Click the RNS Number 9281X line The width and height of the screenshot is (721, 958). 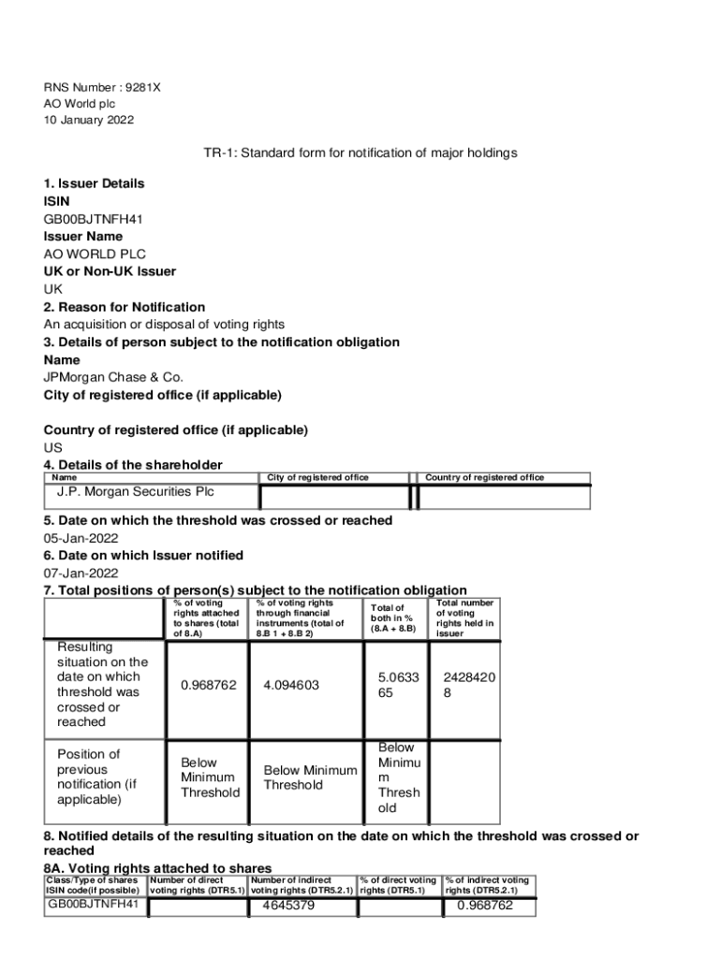[102, 87]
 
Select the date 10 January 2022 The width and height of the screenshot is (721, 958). [89, 121]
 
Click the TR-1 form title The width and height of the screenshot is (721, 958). [360, 152]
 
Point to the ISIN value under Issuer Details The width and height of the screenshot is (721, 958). [93, 219]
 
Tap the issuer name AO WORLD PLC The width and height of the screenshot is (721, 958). [95, 254]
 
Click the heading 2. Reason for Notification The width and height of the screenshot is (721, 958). [125, 307]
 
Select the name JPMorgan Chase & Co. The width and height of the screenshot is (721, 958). [113, 377]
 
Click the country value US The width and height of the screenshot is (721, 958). [53, 447]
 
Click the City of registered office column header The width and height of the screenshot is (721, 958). [317, 477]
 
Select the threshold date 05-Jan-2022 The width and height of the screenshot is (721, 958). [81, 538]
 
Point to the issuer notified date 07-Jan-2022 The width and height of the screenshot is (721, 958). [81, 573]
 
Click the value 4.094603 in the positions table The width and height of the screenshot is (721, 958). [291, 685]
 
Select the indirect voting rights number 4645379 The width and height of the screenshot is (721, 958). [288, 906]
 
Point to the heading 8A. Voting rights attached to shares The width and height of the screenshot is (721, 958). [158, 868]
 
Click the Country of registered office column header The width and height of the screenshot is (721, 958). [484, 477]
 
